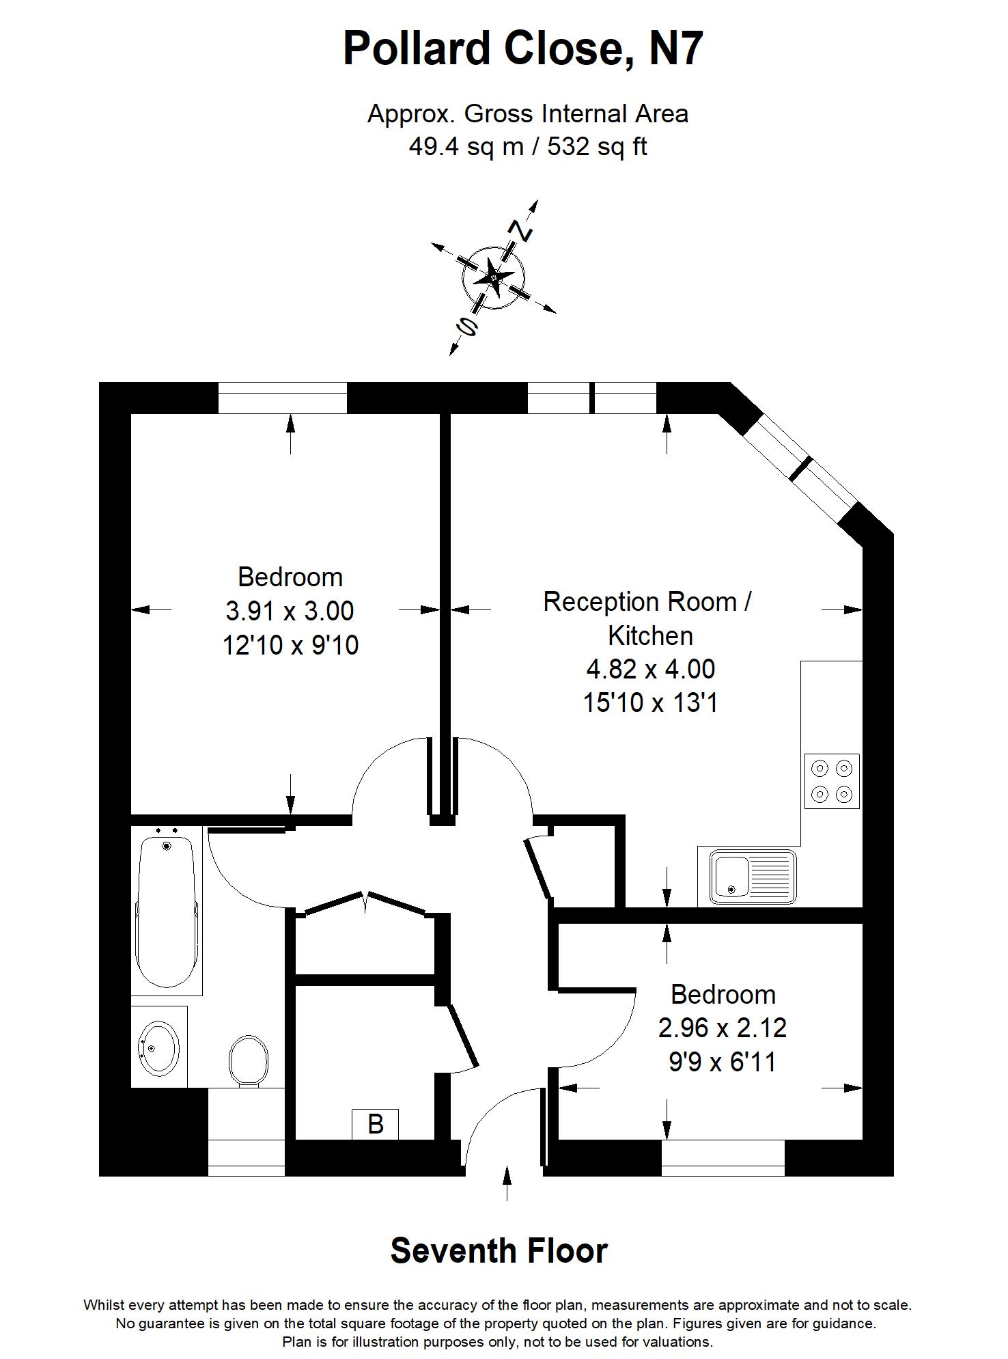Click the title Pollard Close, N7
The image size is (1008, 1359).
[522, 49]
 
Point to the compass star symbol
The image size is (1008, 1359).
[493, 277]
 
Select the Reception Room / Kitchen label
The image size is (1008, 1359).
[647, 618]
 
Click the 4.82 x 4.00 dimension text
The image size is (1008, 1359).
[650, 668]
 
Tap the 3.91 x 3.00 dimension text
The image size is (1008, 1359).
[290, 610]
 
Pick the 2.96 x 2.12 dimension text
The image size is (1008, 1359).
[723, 1027]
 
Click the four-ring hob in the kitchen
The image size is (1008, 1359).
[832, 781]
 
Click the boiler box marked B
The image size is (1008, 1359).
[375, 1123]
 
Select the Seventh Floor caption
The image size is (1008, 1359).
[499, 1250]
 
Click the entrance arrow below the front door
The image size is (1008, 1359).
[507, 1183]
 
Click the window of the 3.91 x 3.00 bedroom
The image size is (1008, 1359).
[283, 398]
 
